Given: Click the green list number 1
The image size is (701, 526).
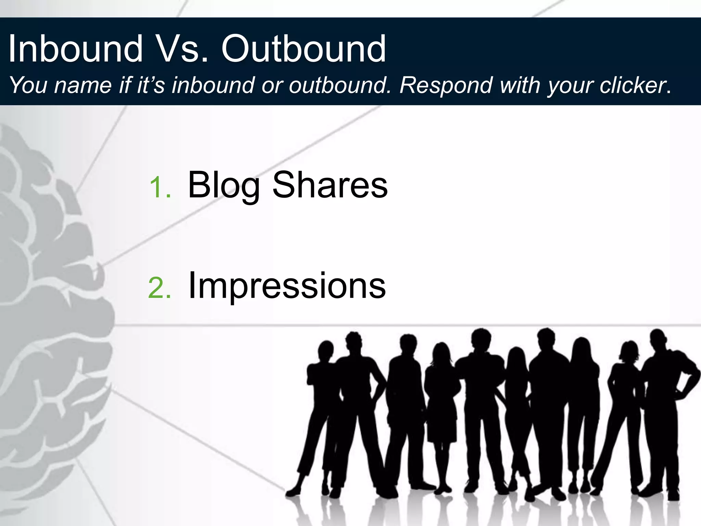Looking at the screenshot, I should (160, 187).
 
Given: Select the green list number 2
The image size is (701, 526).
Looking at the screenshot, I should (160, 288).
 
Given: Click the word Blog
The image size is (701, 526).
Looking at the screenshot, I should (224, 185).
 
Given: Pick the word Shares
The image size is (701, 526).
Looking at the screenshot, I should (330, 185).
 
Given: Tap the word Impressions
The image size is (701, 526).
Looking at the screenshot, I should (287, 286).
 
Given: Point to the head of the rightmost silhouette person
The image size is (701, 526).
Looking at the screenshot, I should (658, 339).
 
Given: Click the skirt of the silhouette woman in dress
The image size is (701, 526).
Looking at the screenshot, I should (442, 425).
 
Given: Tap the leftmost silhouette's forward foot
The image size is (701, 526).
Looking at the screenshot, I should (294, 492).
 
